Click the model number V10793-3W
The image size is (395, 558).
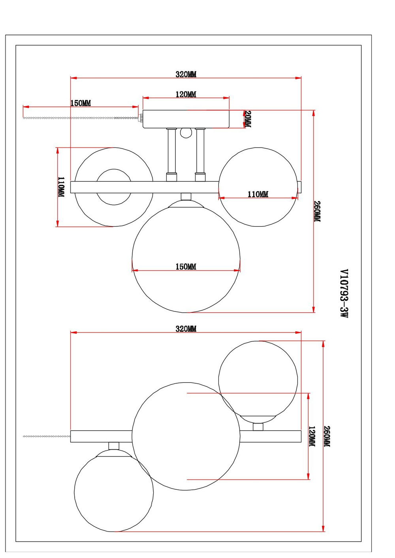click(344, 293)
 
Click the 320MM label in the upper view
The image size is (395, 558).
click(186, 74)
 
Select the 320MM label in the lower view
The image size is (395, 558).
click(186, 328)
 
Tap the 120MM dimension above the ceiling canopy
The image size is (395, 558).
click(186, 94)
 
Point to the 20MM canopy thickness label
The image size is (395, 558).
click(248, 119)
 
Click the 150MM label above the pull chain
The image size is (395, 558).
click(81, 103)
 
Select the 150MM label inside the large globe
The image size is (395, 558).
click(186, 267)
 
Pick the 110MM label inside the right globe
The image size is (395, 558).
click(258, 194)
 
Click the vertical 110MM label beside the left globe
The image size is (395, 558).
click(61, 187)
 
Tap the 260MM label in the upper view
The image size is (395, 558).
click(317, 211)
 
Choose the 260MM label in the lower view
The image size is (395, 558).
click(327, 436)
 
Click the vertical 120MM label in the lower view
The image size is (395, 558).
click(312, 436)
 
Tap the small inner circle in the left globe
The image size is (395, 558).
click(114, 187)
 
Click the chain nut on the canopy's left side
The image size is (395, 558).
click(141, 118)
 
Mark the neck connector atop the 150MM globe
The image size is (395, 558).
click(186, 197)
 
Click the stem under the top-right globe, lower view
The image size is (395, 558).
click(258, 426)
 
